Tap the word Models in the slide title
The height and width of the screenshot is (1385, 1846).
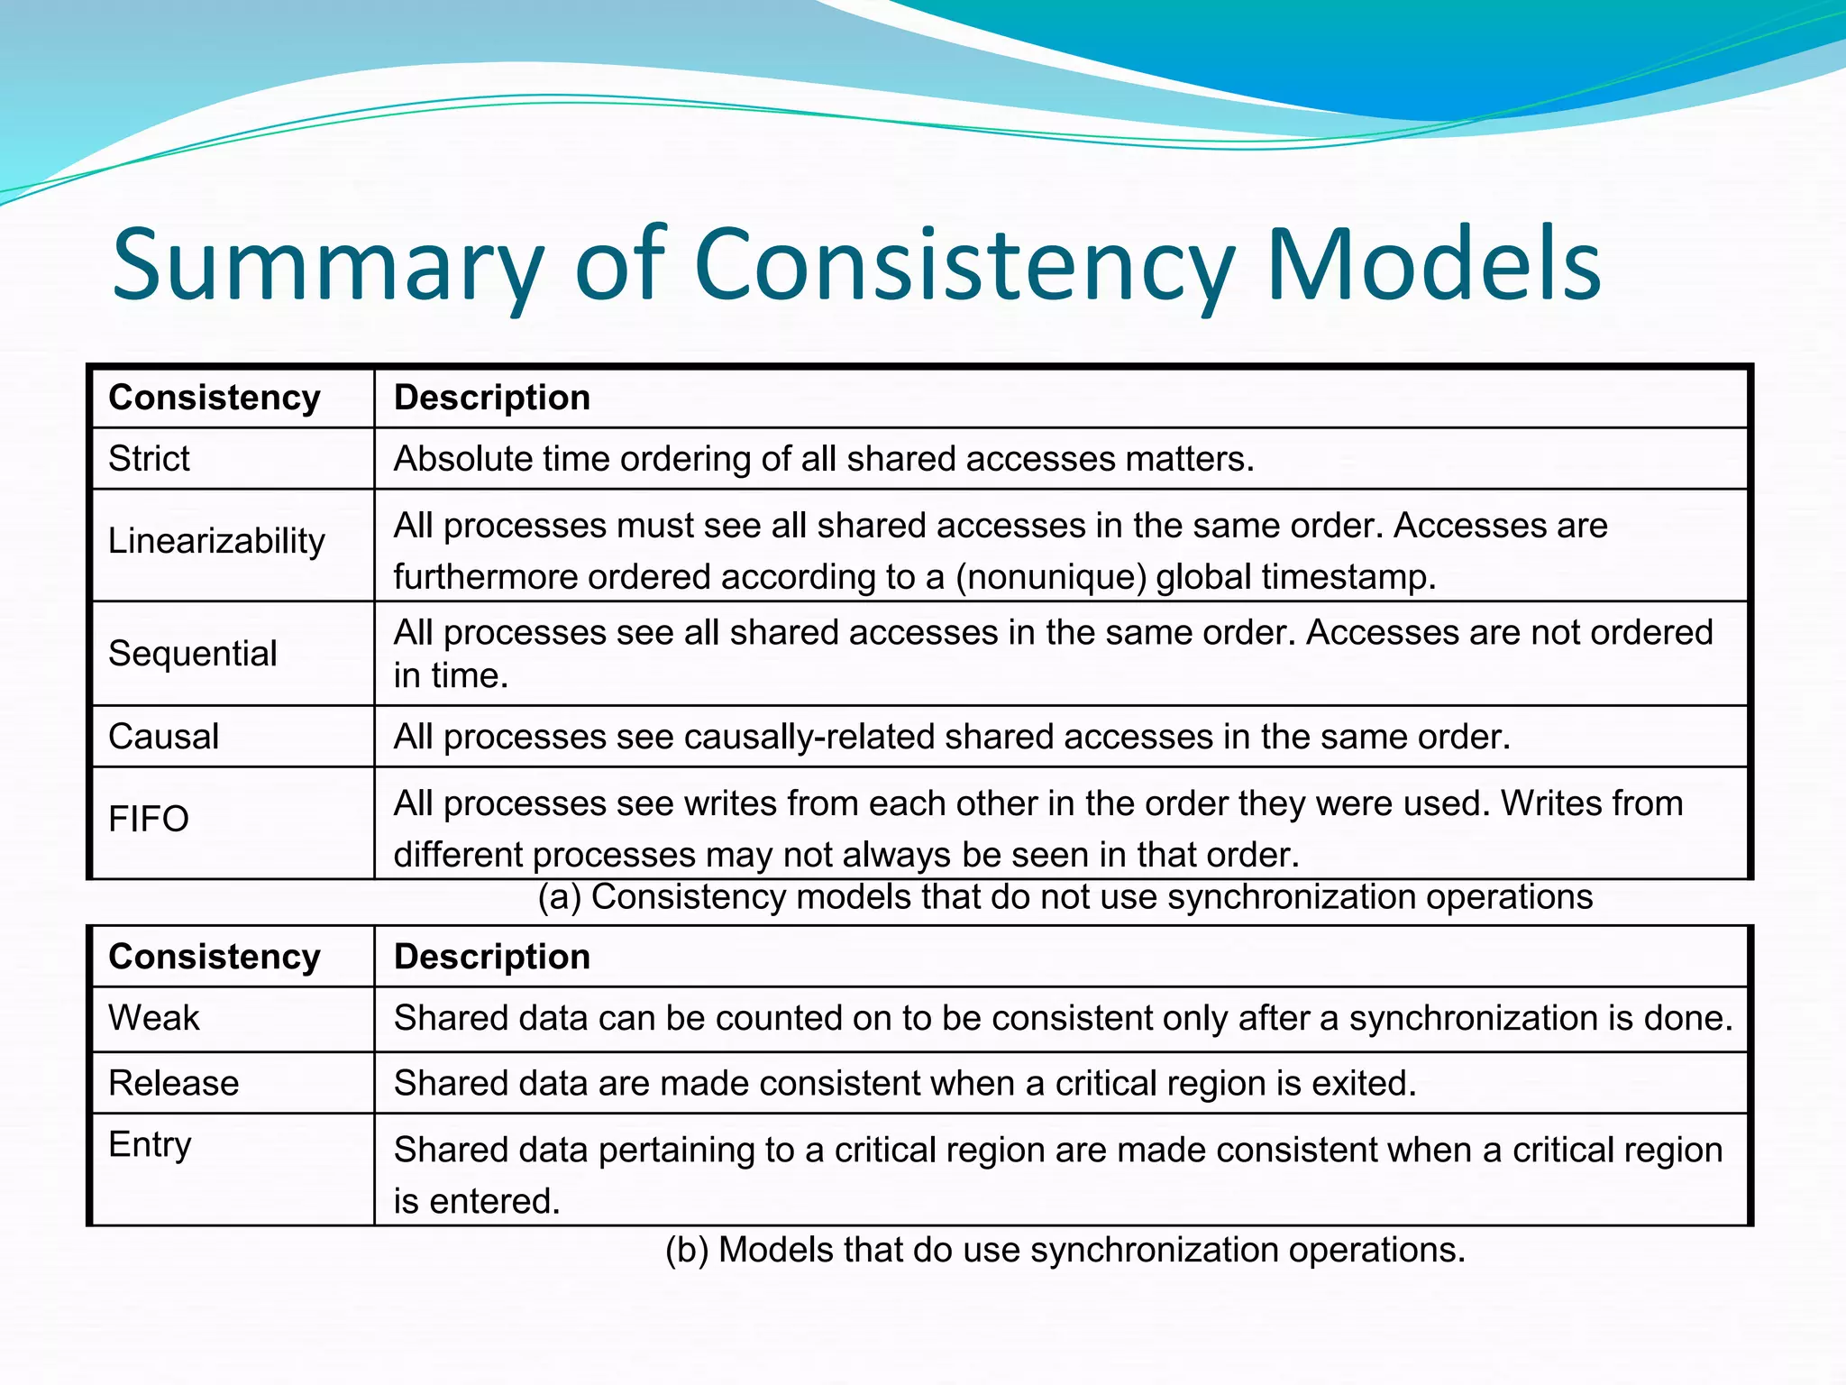1433,265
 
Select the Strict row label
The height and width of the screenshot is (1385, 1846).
149,459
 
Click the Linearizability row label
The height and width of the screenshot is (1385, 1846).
216,541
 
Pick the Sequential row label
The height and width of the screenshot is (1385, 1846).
192,654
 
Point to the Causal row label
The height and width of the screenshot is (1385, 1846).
163,737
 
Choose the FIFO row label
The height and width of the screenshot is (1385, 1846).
148,820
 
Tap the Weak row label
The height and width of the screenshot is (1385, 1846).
153,1018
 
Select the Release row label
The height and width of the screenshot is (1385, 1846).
173,1083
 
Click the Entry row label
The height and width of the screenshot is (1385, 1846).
150,1145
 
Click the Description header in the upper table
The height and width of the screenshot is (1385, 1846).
492,398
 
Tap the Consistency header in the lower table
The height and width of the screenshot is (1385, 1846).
215,957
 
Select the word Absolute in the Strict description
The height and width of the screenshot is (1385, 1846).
463,459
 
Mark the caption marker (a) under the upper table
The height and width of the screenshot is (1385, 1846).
559,897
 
